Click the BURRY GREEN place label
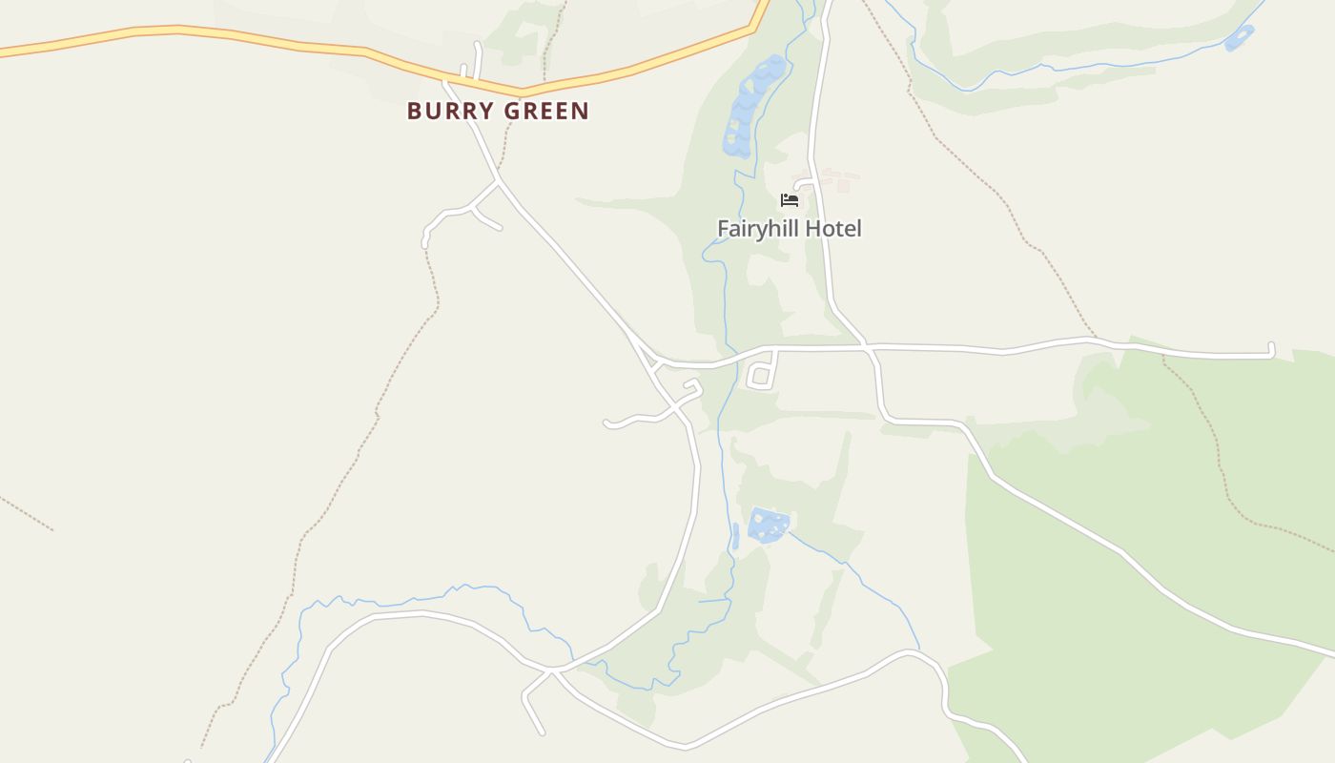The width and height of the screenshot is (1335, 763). click(x=498, y=111)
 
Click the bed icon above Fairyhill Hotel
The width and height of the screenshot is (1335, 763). click(x=789, y=200)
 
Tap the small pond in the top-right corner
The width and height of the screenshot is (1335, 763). click(x=1239, y=38)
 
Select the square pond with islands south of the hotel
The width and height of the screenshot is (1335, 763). click(x=769, y=526)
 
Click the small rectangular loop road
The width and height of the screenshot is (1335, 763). click(x=760, y=376)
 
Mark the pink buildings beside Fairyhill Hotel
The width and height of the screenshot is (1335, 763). click(x=835, y=176)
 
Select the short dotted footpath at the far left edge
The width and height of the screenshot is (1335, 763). click(x=27, y=513)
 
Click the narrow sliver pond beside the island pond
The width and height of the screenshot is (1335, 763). click(x=735, y=536)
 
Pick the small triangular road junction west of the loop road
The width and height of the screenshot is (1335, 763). click(x=652, y=361)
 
